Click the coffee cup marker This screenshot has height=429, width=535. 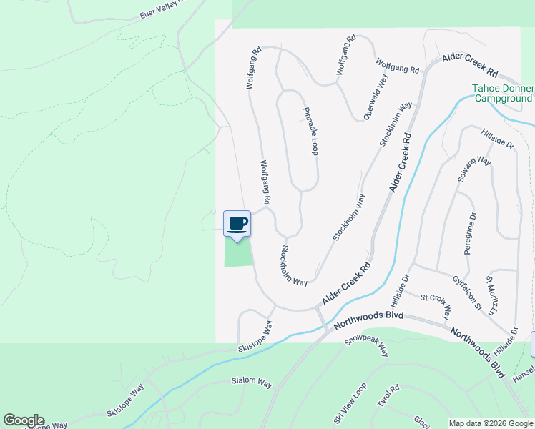pos(237,225)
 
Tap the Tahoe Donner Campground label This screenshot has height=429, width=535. pos(502,94)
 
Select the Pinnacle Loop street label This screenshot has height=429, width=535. pos(310,132)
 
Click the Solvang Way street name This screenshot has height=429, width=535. pos(474,171)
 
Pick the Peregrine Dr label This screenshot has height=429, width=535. pos(470,234)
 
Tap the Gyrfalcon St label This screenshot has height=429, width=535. pos(467,292)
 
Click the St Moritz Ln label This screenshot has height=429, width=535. pos(491,295)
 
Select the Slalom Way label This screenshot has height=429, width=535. pos(252,383)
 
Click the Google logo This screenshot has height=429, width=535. pos(24,420)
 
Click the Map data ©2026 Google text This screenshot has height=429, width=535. pos(491,423)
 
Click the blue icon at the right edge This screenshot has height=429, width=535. pos(532,344)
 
